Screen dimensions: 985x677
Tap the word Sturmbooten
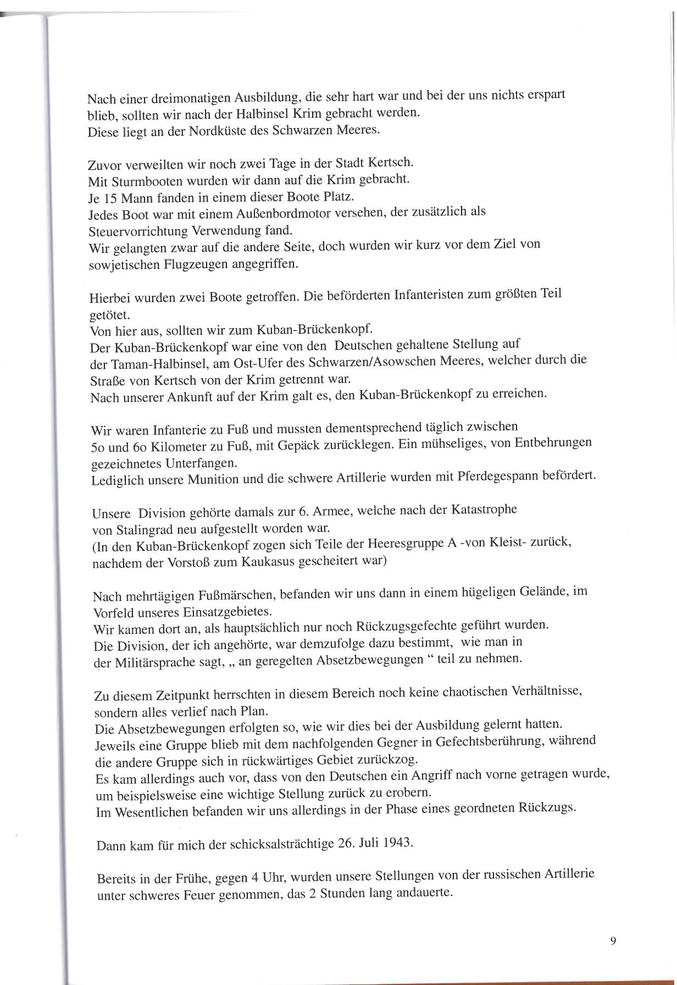(141, 180)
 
